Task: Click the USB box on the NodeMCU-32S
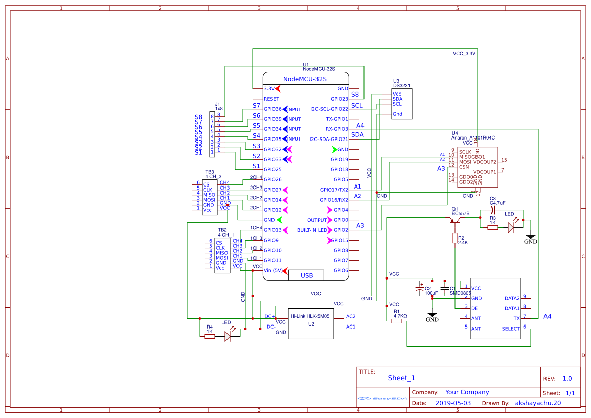[x=306, y=275]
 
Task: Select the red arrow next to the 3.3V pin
[x=278, y=88]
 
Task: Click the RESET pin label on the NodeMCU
[x=271, y=99]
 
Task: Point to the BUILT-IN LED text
[x=312, y=230]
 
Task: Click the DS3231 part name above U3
[x=401, y=86]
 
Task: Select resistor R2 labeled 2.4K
[x=455, y=239]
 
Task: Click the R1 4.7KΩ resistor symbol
[x=397, y=321]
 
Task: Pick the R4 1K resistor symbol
[x=210, y=336]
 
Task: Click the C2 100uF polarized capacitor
[x=420, y=289]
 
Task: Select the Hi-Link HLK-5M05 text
[x=309, y=316]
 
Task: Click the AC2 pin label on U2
[x=351, y=316]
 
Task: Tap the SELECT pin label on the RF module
[x=510, y=329]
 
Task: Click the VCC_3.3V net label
[x=464, y=53]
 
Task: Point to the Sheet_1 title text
[x=401, y=378]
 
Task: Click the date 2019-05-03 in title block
[x=453, y=403]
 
